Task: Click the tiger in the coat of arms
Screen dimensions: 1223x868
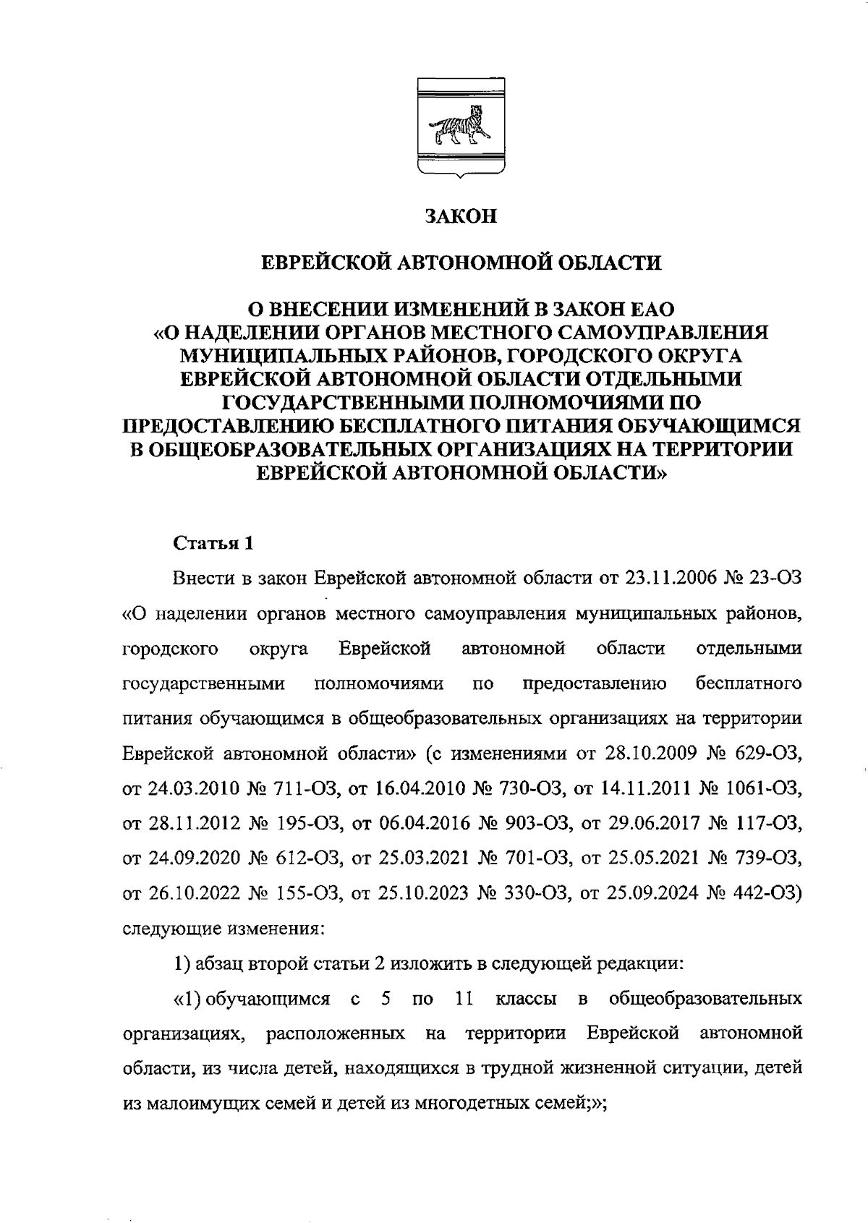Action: (x=459, y=124)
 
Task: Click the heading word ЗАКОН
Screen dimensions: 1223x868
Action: (x=461, y=216)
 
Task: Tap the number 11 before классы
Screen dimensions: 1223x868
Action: (x=461, y=1000)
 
